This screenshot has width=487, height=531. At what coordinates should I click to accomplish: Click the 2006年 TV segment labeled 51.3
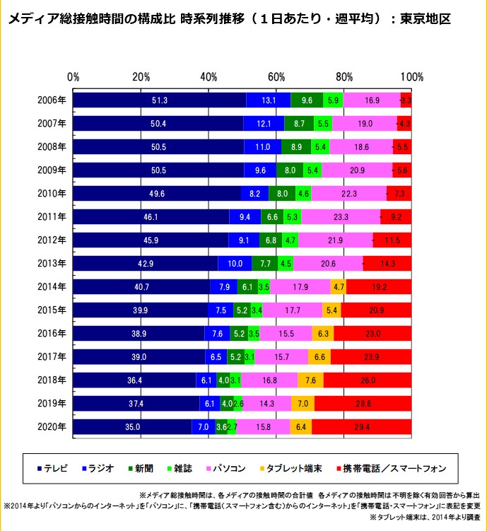(160, 100)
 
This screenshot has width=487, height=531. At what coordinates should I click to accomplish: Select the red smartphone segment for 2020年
(361, 427)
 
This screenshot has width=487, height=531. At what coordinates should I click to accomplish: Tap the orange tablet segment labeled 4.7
(339, 287)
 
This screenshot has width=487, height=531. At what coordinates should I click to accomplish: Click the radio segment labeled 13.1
(269, 100)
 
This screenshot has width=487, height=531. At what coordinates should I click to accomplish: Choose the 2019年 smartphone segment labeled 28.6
(363, 404)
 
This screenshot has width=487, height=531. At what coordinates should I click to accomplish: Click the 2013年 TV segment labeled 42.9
(146, 264)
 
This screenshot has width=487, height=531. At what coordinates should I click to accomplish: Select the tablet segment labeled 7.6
(310, 380)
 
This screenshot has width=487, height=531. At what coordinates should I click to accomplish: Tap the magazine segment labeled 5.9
(334, 100)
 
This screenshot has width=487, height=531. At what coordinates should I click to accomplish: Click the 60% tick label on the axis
(276, 76)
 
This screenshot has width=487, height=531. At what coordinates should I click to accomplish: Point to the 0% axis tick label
(73, 76)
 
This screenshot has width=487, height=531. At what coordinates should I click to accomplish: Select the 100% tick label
(411, 76)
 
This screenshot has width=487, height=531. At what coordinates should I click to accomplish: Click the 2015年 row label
(52, 310)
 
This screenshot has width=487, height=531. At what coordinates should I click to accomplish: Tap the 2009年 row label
(52, 170)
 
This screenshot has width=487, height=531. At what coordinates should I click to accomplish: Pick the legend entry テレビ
(54, 468)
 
